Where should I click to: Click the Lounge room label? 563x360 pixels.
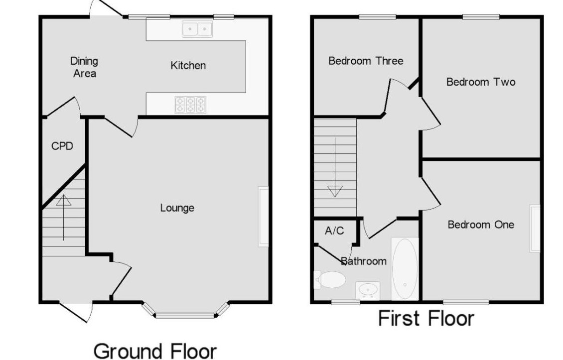pos(177,208)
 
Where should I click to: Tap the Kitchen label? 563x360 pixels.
pos(188,65)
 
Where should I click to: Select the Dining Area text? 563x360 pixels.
pos(84,67)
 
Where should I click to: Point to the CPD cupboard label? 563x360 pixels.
pos(62,146)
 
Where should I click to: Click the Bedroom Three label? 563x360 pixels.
pos(366,61)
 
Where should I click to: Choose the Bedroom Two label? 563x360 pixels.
pos(480,82)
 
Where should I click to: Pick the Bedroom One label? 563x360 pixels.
pos(480,225)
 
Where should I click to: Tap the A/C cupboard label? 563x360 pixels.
pos(334,231)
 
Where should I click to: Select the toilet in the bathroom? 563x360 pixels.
pos(330,280)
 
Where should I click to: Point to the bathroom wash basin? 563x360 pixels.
pos(368,289)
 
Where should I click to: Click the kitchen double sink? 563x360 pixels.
pos(197,29)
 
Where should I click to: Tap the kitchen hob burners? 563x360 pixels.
pos(190,105)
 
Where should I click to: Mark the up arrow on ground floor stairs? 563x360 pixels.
pos(63,200)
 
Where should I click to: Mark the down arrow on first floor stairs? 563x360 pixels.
pos(335,191)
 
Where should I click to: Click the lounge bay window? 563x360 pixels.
pos(185,314)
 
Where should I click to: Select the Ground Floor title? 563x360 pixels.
pos(155,351)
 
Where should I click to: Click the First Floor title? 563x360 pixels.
pos(426,318)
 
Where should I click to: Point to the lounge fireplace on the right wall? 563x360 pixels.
pos(264,216)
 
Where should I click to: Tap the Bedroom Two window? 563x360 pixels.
pos(480,17)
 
